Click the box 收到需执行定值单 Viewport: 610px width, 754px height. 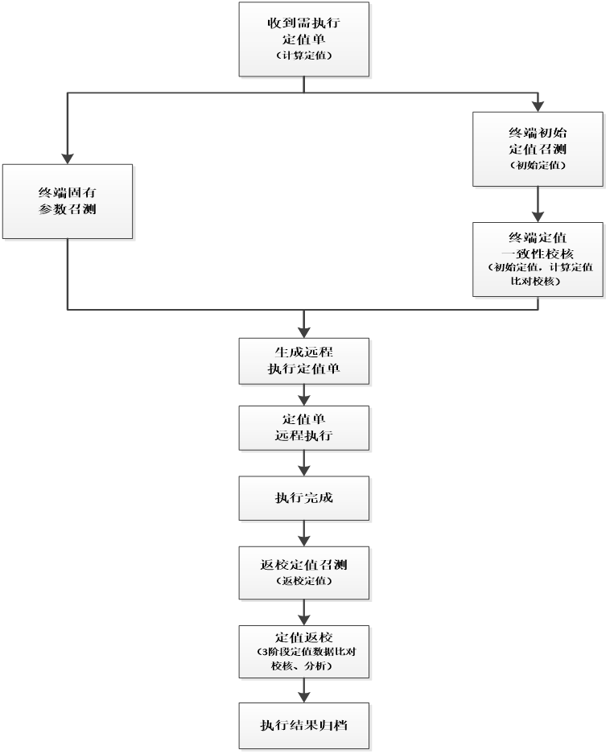pos(304,39)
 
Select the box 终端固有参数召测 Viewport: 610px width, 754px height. pos(68,202)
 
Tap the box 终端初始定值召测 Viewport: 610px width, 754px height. pos(537,149)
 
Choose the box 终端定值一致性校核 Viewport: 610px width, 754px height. pos(537,259)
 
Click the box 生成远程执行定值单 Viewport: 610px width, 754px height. pos(304,361)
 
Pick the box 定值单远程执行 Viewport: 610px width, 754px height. pos(304,427)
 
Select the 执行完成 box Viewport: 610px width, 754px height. pos(304,498)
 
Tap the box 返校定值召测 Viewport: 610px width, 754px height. pos(304,571)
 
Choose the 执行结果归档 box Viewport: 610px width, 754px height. pos(304,725)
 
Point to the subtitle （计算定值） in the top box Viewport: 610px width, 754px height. pos(303,56)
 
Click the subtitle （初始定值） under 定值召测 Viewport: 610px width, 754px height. pos(537,165)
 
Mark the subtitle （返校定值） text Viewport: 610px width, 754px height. pos(303,580)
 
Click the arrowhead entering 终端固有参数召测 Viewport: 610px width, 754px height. pos(68,157)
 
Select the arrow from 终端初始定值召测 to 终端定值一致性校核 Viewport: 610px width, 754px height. pos(537,206)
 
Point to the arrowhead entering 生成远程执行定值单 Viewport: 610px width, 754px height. pos(304,330)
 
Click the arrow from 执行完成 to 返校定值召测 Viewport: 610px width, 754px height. pos(304,532)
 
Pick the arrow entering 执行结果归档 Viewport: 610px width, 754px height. pos(304,691)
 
